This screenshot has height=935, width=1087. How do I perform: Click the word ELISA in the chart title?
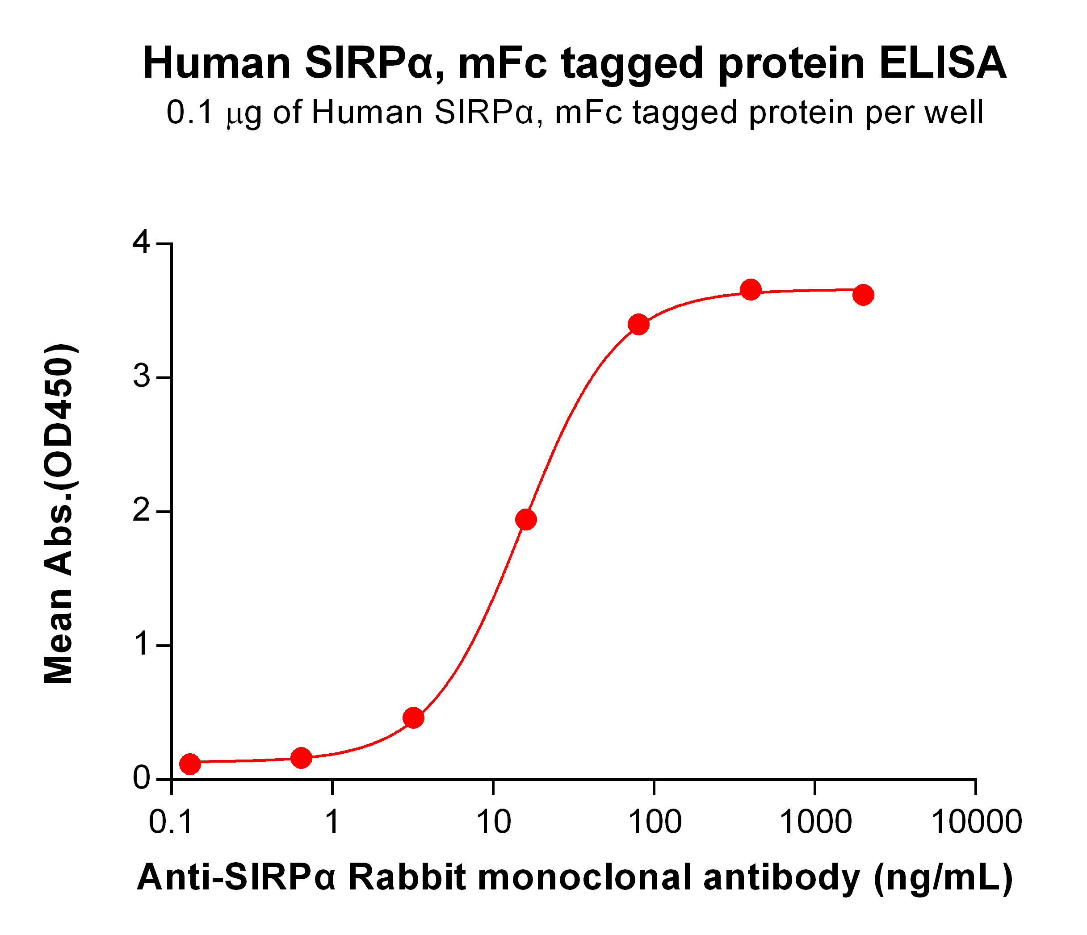(x=942, y=63)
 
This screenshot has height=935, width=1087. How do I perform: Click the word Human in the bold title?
(x=217, y=63)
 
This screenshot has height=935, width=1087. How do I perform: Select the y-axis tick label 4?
(x=142, y=243)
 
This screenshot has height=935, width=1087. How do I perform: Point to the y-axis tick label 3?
(x=142, y=377)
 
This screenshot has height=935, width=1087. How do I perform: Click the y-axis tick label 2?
(x=142, y=511)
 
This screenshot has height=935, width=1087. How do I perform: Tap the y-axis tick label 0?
(x=142, y=779)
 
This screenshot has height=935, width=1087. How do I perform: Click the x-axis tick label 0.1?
(x=171, y=822)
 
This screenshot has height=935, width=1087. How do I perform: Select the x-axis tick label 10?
(x=493, y=822)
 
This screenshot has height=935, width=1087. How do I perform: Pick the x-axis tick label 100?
(x=654, y=822)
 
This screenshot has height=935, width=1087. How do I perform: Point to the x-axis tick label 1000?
(x=815, y=822)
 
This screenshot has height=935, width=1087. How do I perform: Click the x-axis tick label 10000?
(x=976, y=822)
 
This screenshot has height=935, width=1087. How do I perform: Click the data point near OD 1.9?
(x=526, y=520)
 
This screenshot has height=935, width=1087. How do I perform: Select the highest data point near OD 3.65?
(x=751, y=289)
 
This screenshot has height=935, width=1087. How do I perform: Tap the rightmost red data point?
(x=863, y=295)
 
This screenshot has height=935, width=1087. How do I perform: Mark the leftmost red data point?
(x=190, y=764)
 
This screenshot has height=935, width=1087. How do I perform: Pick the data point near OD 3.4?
(x=638, y=325)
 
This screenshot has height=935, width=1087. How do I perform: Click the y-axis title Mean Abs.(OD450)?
(x=59, y=514)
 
